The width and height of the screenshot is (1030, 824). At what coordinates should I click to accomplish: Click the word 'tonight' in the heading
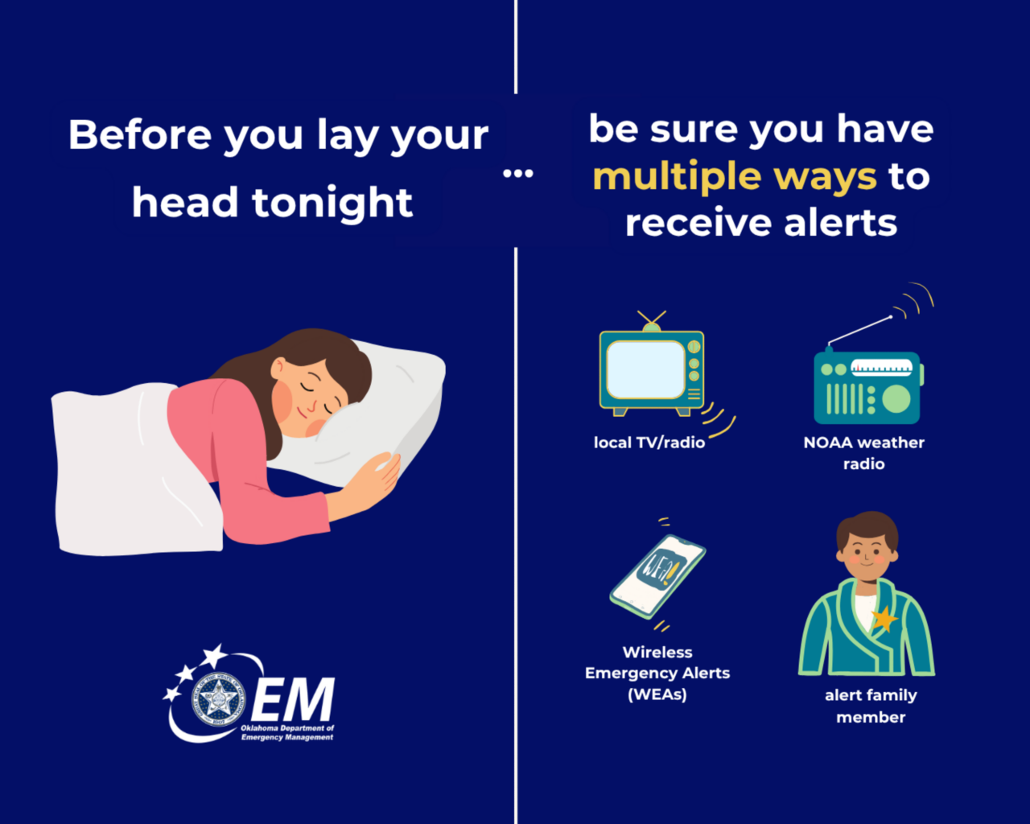(x=332, y=203)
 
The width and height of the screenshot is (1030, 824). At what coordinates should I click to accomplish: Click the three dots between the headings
(x=517, y=173)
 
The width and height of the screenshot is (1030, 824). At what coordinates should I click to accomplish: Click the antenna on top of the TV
(x=651, y=319)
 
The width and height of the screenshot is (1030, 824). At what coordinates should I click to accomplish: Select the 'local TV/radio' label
(x=649, y=443)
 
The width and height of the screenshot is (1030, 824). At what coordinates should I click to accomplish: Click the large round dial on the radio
(x=896, y=398)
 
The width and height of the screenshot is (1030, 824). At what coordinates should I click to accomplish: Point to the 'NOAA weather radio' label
(x=863, y=453)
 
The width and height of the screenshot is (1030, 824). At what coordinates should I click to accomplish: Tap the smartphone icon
(x=657, y=575)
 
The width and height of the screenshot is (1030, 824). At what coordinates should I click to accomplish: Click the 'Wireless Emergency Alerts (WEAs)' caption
(x=657, y=673)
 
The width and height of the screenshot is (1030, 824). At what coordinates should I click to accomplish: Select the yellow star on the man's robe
(x=884, y=619)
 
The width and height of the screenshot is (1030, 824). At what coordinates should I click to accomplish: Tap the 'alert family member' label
(x=871, y=706)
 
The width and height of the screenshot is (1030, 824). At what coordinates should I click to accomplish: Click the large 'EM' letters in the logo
(x=293, y=700)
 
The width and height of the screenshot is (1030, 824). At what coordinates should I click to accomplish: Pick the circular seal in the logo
(x=218, y=698)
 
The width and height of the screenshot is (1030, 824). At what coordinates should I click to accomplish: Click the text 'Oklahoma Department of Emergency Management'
(x=287, y=732)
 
